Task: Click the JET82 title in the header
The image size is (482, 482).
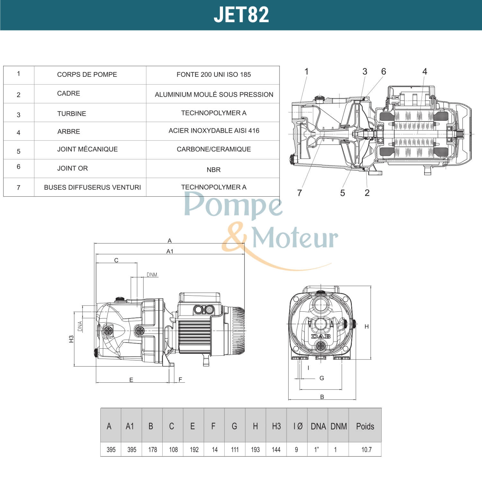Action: click(241, 15)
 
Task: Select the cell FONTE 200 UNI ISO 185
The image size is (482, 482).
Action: click(214, 75)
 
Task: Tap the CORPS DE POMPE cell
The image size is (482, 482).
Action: click(87, 75)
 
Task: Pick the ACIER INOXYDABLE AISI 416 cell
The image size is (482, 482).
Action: click(214, 130)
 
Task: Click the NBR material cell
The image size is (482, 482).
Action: click(213, 170)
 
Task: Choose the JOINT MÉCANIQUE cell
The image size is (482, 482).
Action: click(87, 149)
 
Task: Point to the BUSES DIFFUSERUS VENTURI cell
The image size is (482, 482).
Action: click(92, 187)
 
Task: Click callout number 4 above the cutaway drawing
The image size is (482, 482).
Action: click(424, 71)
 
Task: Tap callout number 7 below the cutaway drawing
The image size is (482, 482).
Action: click(299, 193)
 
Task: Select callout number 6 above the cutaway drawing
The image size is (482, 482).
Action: click(383, 71)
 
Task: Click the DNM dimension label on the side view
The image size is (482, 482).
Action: click(152, 275)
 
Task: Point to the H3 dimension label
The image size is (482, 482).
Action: click(71, 339)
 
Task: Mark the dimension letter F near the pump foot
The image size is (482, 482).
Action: click(180, 379)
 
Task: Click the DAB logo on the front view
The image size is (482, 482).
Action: click(320, 336)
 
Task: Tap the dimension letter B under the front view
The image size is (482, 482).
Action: click(322, 397)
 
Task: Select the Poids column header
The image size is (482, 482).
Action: click(365, 426)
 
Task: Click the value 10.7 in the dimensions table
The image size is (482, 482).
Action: click(366, 450)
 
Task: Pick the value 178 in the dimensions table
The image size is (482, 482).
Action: click(153, 450)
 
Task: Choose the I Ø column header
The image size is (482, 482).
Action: click(298, 426)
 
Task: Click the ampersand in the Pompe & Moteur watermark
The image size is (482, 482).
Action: click(234, 238)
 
